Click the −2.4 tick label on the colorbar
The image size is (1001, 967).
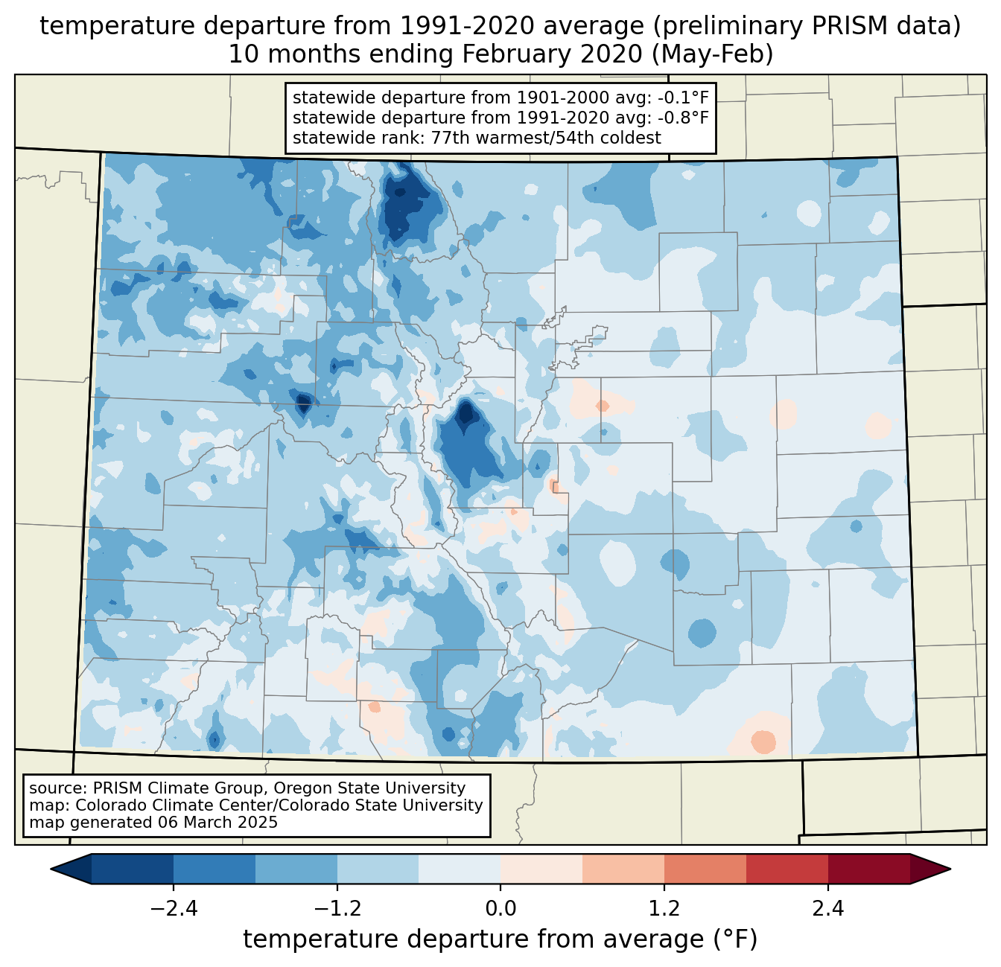pyautogui.click(x=174, y=909)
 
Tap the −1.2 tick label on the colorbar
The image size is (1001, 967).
pyautogui.click(x=337, y=909)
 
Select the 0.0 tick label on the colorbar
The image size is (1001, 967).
pyautogui.click(x=500, y=909)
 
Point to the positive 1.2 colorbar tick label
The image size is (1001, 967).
pyautogui.click(x=664, y=909)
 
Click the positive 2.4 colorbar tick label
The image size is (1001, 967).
pyautogui.click(x=827, y=909)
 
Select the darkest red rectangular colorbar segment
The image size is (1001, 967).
pyautogui.click(x=868, y=869)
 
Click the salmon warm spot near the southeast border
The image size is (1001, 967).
pyautogui.click(x=763, y=741)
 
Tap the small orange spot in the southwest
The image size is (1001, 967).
pyautogui.click(x=374, y=706)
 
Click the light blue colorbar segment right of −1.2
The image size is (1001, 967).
pyautogui.click(x=378, y=869)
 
